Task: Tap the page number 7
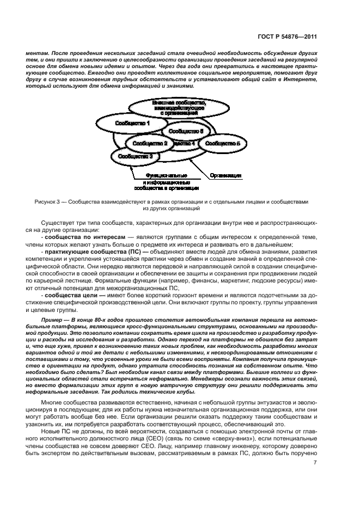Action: [x=315, y=463]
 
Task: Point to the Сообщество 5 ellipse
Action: [x=220, y=143]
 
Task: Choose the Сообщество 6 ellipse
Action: [x=186, y=131]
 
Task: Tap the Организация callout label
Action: [x=225, y=176]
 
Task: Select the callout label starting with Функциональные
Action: [x=167, y=182]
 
